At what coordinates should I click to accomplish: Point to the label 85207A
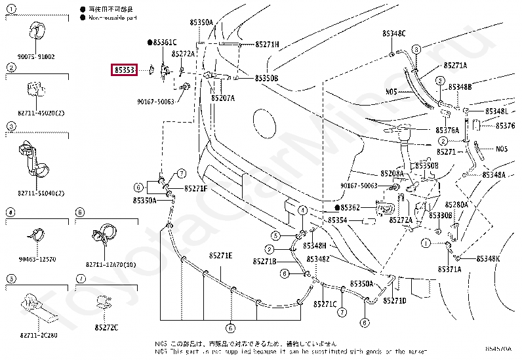point(222,98)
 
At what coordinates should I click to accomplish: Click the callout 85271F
point(195,188)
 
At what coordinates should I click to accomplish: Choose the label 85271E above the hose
point(220,255)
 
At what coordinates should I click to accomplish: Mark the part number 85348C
point(394,33)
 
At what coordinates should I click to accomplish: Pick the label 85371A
point(449,269)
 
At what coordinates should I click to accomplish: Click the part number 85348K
point(488,258)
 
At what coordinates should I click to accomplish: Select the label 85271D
point(395,300)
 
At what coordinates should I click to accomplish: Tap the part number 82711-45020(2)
point(37,112)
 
